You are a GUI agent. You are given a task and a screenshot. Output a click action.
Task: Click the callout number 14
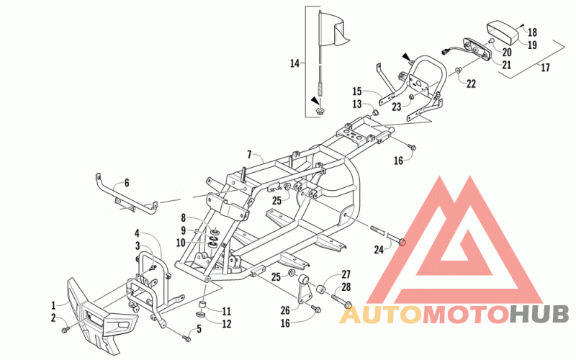click(x=294, y=63)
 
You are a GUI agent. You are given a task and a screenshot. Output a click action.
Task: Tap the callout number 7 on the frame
click(x=249, y=154)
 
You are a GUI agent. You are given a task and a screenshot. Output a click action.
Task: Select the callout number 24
click(x=379, y=250)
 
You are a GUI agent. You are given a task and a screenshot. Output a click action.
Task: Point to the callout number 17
click(x=545, y=68)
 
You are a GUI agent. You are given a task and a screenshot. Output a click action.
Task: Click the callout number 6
click(x=127, y=183)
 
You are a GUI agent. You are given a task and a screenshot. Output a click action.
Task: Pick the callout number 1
click(x=53, y=305)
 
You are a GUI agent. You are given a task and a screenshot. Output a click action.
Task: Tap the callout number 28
click(x=346, y=287)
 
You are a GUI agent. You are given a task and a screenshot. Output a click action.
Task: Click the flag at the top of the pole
click(x=333, y=30)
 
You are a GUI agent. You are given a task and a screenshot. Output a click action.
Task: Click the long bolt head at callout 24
click(x=402, y=242)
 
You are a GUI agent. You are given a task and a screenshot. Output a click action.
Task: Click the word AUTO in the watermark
click(x=380, y=315)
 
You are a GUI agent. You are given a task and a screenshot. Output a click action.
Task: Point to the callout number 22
click(x=471, y=84)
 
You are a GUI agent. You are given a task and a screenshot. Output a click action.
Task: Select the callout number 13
click(x=356, y=104)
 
